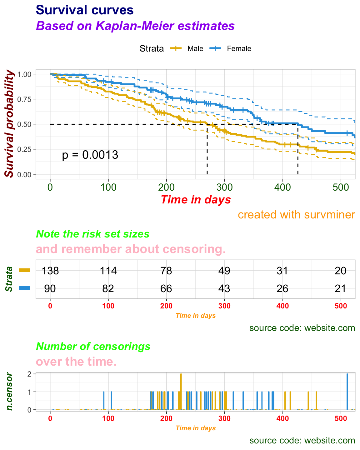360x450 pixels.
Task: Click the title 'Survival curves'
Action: point(85,10)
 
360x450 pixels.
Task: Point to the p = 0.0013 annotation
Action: point(90,155)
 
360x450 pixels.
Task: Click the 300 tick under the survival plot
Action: point(224,187)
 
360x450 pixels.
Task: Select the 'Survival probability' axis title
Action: point(10,124)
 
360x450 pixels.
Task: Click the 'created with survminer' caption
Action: point(296,215)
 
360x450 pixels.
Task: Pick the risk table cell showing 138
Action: point(50,271)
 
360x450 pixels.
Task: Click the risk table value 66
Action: point(166,288)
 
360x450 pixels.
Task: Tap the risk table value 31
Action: point(282,271)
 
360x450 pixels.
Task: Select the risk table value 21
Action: point(340,288)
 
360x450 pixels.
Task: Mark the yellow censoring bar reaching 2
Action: point(181,391)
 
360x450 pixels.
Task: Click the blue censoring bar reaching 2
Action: point(347,391)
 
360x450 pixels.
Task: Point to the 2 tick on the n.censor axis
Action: point(29,374)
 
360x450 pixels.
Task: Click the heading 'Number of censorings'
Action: point(93,346)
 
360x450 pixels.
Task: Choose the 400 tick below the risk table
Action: point(282,306)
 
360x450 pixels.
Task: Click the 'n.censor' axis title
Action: point(10,391)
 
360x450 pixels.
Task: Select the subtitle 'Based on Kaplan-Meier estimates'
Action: point(135,26)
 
